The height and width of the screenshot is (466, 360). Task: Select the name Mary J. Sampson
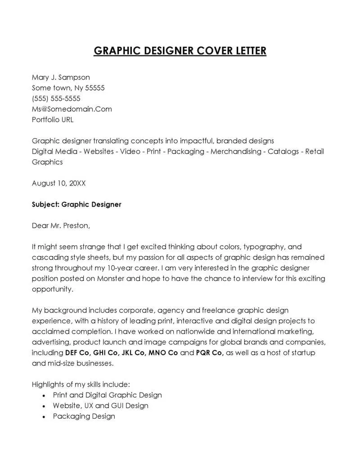pos(61,77)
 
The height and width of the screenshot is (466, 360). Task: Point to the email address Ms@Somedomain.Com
pos(72,109)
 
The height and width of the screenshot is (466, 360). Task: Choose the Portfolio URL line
pos(53,120)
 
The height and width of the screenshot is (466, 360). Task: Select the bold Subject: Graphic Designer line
pos(76,204)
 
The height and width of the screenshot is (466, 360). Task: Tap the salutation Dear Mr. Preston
pos(61,226)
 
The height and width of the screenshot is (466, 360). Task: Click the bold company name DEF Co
pos(78,353)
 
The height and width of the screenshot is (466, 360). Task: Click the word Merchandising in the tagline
pos(236,152)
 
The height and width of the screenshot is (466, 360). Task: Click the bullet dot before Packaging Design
pos(43,417)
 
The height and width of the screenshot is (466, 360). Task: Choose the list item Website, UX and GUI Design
pos(100,406)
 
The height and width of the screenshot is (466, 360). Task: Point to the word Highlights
pos(48,385)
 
